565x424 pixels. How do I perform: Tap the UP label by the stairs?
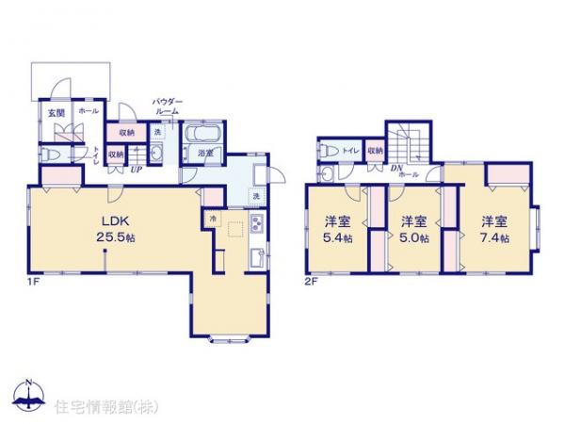coord(136,170)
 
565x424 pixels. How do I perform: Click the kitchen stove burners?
coord(255,225)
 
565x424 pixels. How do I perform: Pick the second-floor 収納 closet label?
coord(375,150)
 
